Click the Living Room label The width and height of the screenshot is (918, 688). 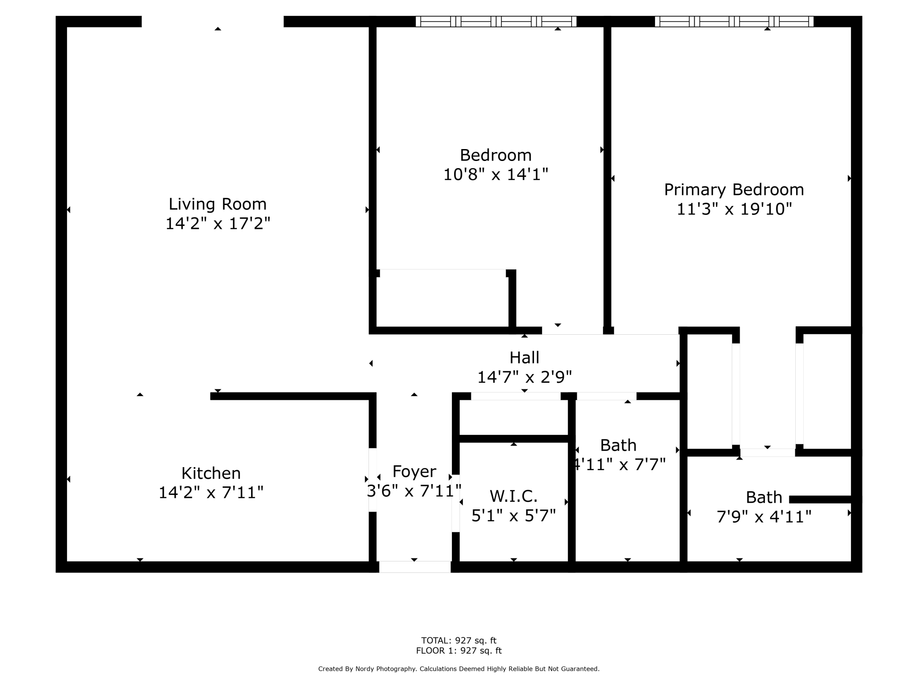click(218, 204)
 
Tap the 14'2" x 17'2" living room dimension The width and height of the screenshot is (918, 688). click(218, 224)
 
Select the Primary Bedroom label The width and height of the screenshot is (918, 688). click(734, 190)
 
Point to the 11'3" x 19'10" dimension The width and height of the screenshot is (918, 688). click(734, 209)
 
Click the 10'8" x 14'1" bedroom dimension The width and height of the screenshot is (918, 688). click(496, 175)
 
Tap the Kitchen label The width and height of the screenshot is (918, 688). click(211, 474)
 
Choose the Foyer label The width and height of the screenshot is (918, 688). click(414, 472)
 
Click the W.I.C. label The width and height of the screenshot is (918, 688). click(513, 497)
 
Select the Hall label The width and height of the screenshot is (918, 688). click(524, 358)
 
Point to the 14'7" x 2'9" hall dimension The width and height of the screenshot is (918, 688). click(524, 377)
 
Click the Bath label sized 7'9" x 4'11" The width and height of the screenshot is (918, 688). click(764, 497)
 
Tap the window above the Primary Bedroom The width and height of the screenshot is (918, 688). click(734, 22)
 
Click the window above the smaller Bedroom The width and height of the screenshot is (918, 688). click(496, 22)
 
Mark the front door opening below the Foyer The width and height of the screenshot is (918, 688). click(415, 567)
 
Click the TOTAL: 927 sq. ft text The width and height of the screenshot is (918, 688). click(459, 640)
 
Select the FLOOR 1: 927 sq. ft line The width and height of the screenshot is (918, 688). click(459, 651)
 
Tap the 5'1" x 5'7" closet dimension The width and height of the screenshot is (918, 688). click(513, 516)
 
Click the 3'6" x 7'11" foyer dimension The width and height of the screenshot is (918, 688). click(414, 491)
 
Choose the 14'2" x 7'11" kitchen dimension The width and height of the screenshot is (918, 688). click(211, 493)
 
